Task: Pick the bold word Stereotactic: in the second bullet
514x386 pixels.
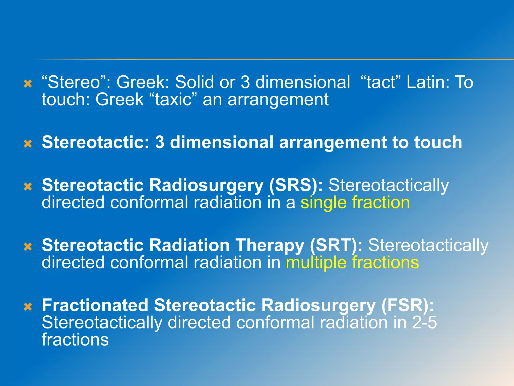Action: point(96,142)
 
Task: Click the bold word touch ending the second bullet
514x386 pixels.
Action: point(438,142)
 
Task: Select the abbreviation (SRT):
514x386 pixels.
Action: point(336,245)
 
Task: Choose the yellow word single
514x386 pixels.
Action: point(324,203)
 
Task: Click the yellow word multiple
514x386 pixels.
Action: point(316,263)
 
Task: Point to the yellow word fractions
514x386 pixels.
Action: point(385,263)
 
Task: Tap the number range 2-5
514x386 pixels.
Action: point(424,323)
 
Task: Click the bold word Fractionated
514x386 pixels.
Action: point(95,305)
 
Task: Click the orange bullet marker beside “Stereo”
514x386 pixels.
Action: point(28,84)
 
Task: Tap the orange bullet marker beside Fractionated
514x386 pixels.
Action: point(28,307)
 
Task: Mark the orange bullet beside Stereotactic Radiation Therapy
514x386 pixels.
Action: point(28,247)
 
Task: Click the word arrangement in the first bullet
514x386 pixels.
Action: point(278,100)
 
